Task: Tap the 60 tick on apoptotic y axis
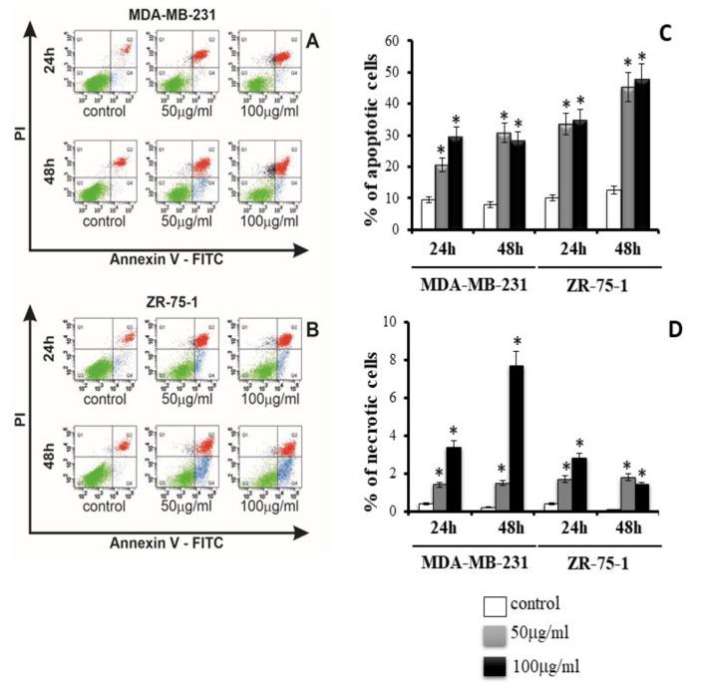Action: pos(380,42)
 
